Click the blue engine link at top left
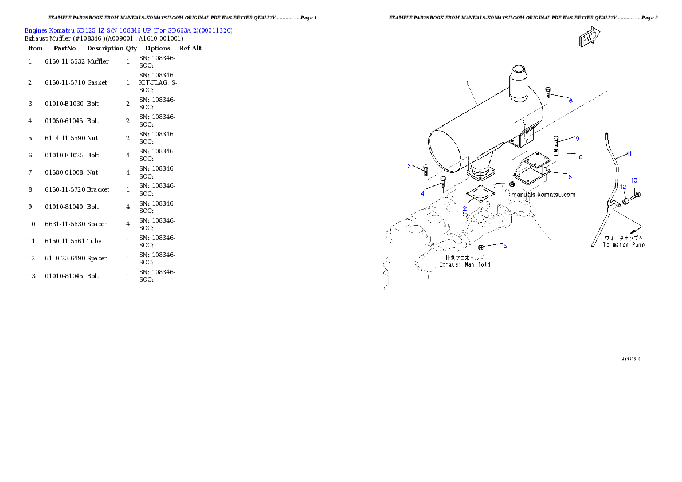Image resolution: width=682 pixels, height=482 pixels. [x=128, y=30]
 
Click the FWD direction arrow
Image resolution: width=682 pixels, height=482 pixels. [x=589, y=38]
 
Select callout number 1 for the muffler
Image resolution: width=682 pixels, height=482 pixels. [x=468, y=83]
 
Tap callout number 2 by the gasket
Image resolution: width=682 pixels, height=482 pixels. [x=464, y=209]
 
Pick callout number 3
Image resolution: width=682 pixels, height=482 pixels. [x=409, y=166]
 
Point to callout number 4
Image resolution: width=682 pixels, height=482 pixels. [x=422, y=193]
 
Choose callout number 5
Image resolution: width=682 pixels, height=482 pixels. [x=505, y=246]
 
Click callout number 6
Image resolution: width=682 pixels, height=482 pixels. [x=570, y=100]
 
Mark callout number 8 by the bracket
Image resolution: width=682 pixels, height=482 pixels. [x=570, y=177]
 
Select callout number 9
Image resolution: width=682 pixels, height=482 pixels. [x=577, y=139]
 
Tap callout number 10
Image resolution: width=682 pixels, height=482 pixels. [x=579, y=157]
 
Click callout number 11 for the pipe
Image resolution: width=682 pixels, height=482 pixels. [x=629, y=153]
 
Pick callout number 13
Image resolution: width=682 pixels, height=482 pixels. [x=634, y=180]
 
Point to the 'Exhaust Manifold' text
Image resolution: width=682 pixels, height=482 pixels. [x=464, y=264]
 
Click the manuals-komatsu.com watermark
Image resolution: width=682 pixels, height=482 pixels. [x=543, y=195]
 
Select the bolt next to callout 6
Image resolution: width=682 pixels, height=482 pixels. [x=548, y=92]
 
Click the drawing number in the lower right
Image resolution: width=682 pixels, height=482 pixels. [x=631, y=359]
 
